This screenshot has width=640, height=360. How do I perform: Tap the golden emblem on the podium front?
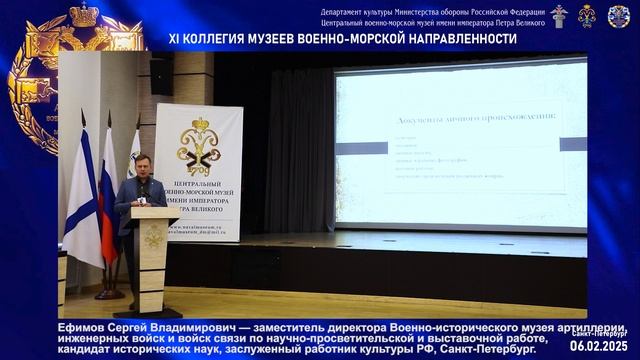pyautogui.click(x=152, y=238)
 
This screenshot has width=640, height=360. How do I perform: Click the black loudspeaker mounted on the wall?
pyautogui.click(x=160, y=76)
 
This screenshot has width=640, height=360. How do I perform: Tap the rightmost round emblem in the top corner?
pyautogui.click(x=619, y=15)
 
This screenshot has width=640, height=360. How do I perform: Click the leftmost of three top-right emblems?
pyautogui.click(x=558, y=15)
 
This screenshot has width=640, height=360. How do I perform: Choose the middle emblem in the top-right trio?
pyautogui.click(x=587, y=15)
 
